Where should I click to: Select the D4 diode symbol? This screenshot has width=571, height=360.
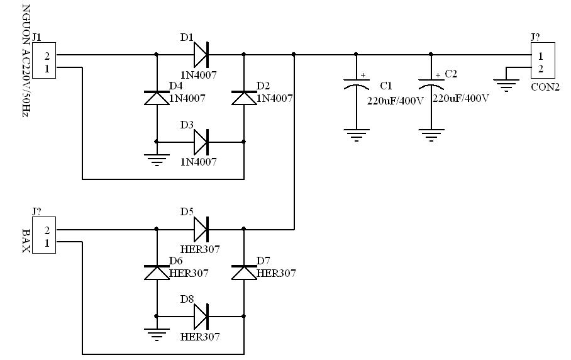(x=157, y=98)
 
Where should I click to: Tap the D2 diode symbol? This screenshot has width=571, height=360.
(x=244, y=98)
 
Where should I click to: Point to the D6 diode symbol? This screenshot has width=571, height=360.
(x=157, y=273)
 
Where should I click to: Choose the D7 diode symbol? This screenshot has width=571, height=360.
(x=244, y=273)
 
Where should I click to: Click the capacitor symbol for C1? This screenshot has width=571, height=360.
(x=357, y=83)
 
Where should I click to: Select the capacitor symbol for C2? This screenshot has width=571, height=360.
(x=431, y=83)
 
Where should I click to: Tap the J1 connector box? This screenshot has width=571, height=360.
(x=44, y=60)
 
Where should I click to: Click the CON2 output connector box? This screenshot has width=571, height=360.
(x=543, y=60)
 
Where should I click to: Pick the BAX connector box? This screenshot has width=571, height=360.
(x=44, y=235)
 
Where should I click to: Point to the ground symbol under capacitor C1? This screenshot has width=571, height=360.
(x=357, y=135)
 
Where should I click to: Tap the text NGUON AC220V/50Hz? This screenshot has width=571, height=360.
(x=26, y=60)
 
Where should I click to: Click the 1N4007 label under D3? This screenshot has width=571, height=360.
(x=199, y=161)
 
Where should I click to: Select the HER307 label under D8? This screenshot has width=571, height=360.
(x=200, y=336)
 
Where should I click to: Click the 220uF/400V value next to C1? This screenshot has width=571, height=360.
(x=396, y=101)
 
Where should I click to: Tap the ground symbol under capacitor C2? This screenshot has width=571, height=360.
(x=431, y=135)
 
